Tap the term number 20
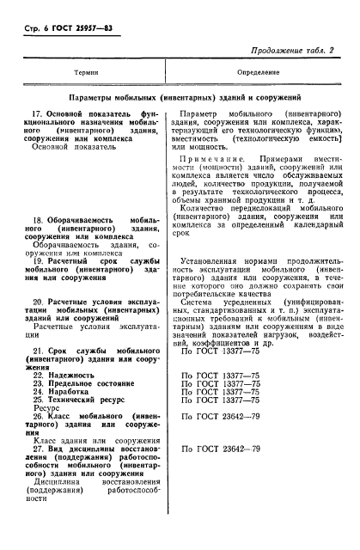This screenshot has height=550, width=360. [x=38, y=302]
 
